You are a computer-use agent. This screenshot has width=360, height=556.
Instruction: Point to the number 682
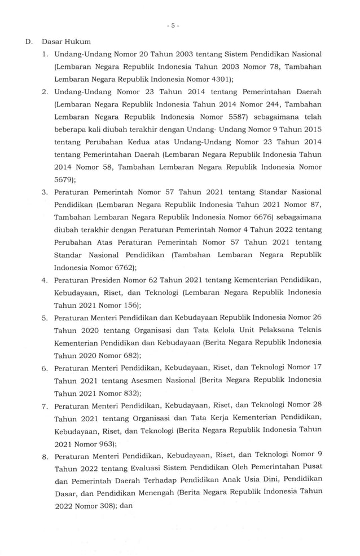pyautogui.click(x=127, y=355)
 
